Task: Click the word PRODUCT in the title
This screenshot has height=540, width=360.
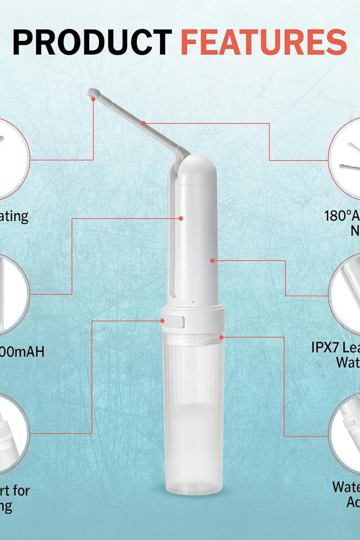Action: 92,42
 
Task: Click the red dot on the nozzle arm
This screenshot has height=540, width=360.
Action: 143,123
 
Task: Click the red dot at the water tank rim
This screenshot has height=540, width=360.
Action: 221,337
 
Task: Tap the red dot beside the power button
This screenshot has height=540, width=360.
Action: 162,320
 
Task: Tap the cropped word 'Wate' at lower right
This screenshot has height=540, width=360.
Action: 346,487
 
